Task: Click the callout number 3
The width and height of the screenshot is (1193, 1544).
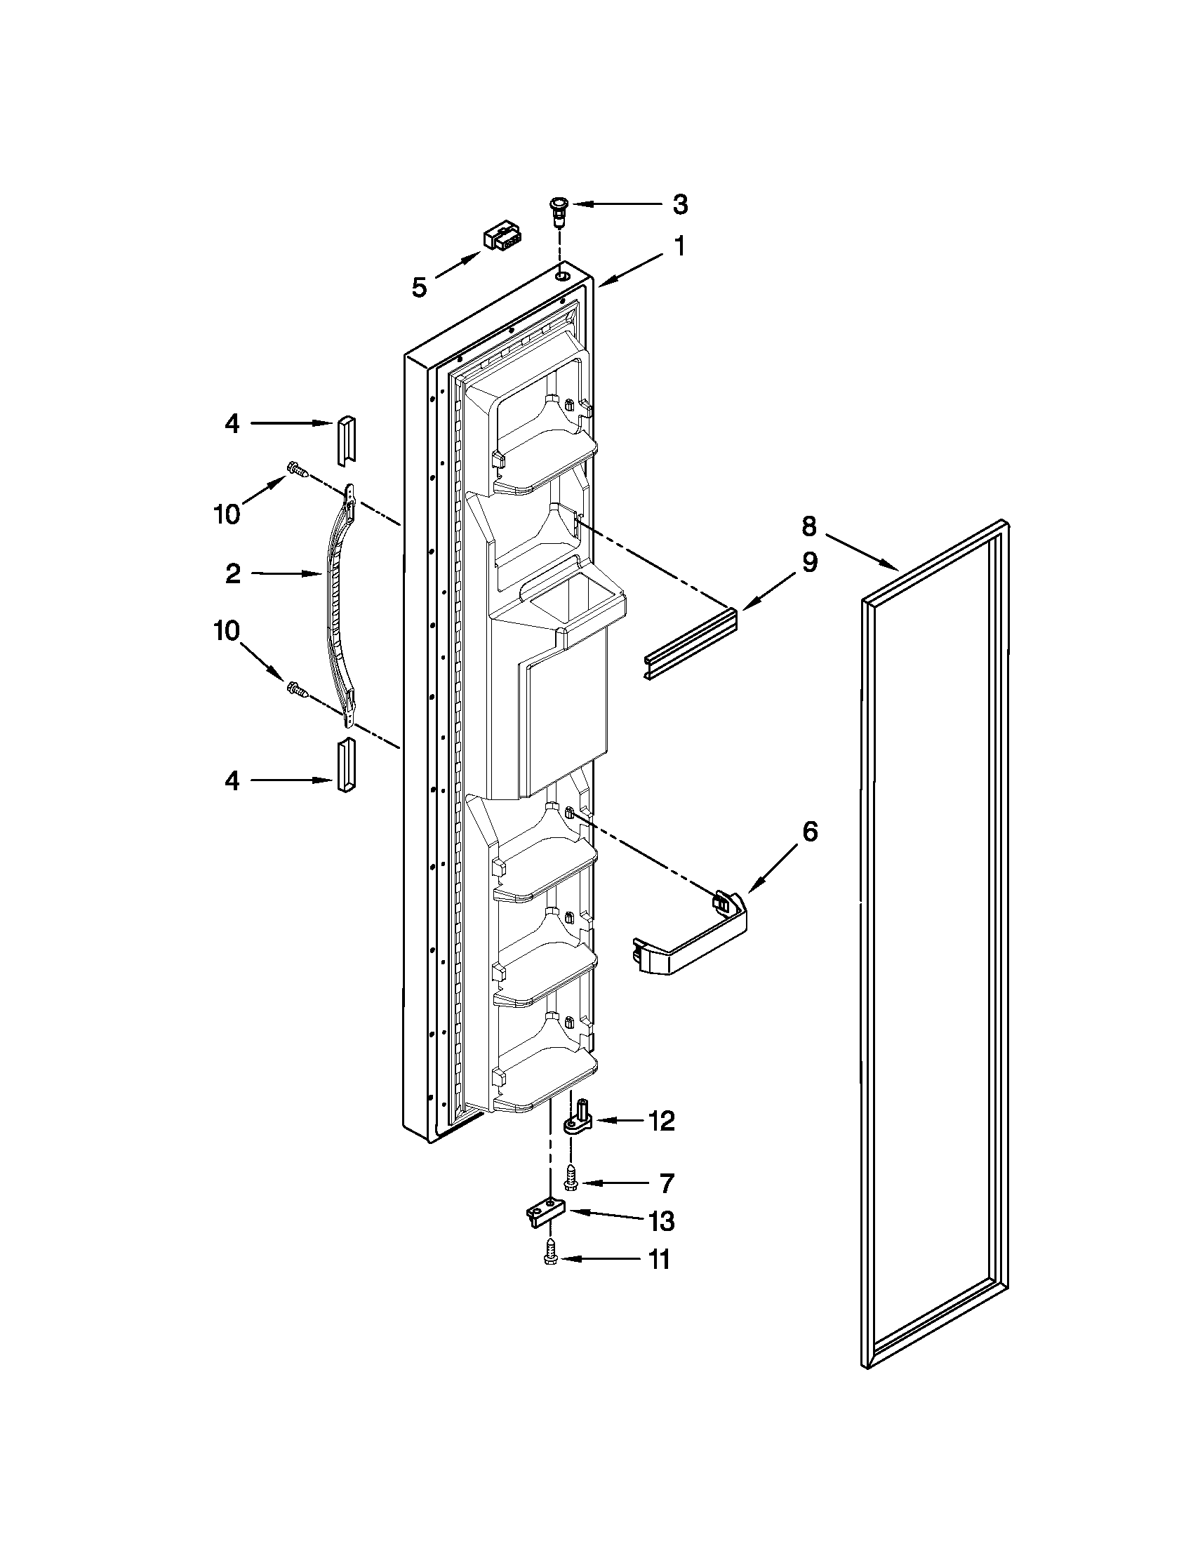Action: (679, 204)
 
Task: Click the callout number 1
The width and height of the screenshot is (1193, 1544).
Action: (679, 247)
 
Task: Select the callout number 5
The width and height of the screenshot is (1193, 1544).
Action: (419, 287)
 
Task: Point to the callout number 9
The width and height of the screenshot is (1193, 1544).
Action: (809, 562)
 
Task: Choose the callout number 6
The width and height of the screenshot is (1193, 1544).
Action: (810, 832)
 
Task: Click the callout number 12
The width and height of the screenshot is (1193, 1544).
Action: (662, 1122)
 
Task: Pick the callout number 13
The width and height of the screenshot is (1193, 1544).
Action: (662, 1221)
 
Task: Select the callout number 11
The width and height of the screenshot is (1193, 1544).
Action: (659, 1259)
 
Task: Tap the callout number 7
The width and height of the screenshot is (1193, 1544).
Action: (666, 1183)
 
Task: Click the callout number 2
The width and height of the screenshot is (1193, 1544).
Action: (232, 573)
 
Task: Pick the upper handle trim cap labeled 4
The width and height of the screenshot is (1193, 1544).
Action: (346, 441)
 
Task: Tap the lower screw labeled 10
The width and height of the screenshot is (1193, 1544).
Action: (298, 689)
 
